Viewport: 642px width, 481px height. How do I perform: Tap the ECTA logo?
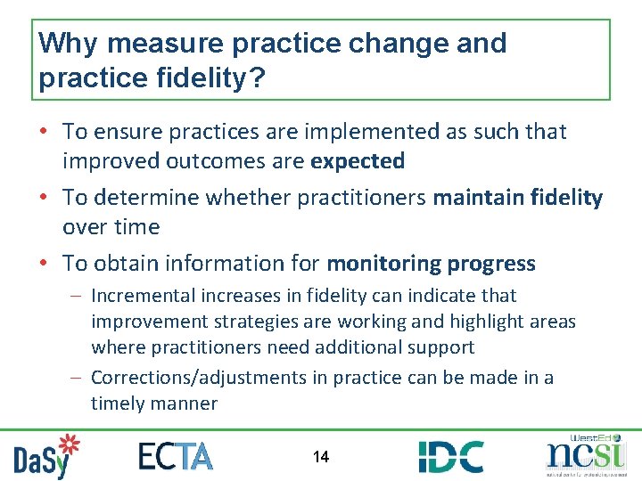tap(176, 456)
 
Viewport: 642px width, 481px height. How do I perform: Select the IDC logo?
tap(451, 456)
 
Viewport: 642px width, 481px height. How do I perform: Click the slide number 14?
tap(321, 457)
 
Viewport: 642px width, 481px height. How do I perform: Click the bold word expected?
tap(358, 161)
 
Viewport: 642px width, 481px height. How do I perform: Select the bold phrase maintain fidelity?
tap(518, 197)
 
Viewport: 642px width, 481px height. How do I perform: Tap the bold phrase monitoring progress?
tap(432, 264)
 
